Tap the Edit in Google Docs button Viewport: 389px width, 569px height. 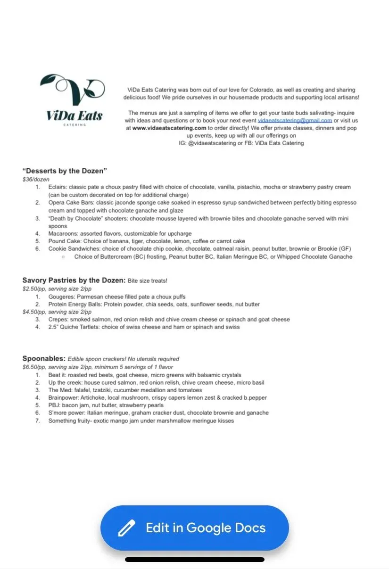pyautogui.click(x=194, y=528)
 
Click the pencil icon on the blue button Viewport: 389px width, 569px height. pyautogui.click(x=126, y=528)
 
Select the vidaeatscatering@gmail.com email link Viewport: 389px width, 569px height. pyautogui.click(x=295, y=120)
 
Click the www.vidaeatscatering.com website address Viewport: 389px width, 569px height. pyautogui.click(x=169, y=128)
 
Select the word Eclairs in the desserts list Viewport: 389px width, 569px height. pyautogui.click(x=57, y=187)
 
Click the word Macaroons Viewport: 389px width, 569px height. pyautogui.click(x=63, y=233)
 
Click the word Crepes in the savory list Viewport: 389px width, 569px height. pyautogui.click(x=58, y=319)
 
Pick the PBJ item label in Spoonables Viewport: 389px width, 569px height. pyautogui.click(x=54, y=405)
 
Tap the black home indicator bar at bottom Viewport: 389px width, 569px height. pyautogui.click(x=194, y=560)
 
